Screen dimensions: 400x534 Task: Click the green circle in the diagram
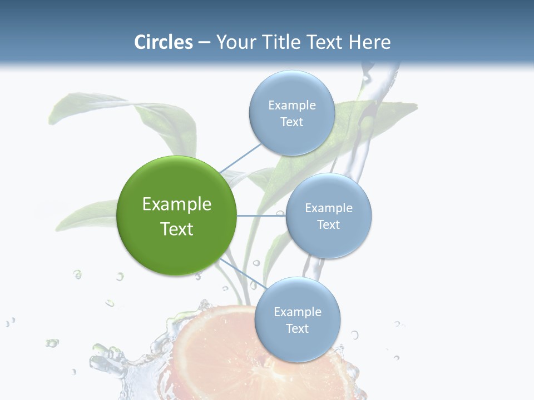click(177, 216)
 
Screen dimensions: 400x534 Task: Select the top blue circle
click(291, 113)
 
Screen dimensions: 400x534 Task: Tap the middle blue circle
click(328, 216)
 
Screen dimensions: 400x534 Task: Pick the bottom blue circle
click(297, 319)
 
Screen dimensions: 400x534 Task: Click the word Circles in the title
click(164, 42)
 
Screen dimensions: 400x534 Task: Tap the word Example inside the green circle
click(177, 204)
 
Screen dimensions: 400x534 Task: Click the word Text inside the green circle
click(177, 229)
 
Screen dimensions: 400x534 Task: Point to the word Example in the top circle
click(291, 105)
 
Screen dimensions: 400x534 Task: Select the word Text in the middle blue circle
click(328, 224)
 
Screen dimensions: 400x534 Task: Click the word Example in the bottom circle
click(297, 312)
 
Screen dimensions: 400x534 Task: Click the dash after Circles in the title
click(204, 42)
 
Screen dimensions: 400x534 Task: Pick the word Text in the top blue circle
click(291, 122)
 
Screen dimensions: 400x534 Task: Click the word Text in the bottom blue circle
click(297, 328)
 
